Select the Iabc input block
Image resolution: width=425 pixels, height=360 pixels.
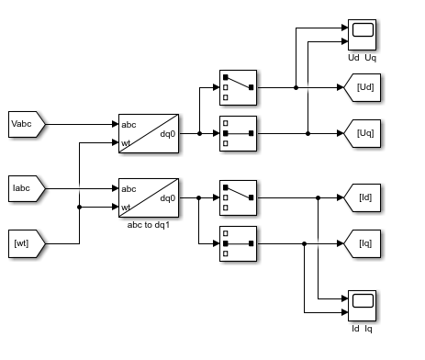tap(26, 188)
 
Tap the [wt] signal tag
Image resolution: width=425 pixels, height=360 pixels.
tap(26, 243)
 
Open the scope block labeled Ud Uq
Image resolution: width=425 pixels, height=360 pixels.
tap(363, 34)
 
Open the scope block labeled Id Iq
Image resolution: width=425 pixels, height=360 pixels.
tap(363, 304)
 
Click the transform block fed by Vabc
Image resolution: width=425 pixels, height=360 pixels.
tap(149, 133)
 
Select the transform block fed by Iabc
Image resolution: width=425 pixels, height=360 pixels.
tap(149, 197)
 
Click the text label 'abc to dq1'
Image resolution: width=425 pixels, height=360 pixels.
tap(149, 223)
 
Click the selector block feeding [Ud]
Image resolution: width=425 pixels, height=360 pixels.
tap(237, 88)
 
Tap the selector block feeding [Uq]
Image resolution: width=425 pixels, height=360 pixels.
tap(237, 133)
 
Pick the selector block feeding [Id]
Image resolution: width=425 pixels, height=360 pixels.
tap(237, 197)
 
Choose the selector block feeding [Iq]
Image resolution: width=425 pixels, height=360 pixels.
tap(237, 243)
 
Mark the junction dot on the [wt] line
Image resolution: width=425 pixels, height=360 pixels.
tap(80, 208)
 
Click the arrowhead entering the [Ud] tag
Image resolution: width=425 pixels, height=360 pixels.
tap(340, 88)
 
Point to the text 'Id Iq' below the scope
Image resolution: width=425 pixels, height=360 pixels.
tap(362, 329)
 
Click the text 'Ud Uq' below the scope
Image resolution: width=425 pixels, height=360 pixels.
tap(362, 58)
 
